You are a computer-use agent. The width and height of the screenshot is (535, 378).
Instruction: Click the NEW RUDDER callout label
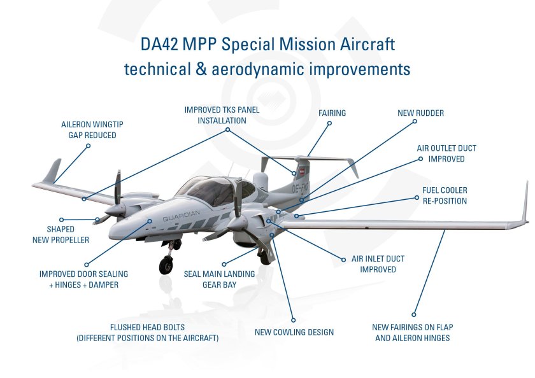pyautogui.click(x=420, y=113)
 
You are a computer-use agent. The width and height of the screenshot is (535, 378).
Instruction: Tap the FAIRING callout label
pyautogui.click(x=332, y=113)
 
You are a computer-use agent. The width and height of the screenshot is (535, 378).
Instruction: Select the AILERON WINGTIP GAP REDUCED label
pyautogui.click(x=89, y=130)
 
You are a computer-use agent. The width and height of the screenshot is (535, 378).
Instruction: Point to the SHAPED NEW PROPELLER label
pyautogui.click(x=61, y=234)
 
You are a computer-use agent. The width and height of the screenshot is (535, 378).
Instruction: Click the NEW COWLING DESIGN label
pyautogui.click(x=294, y=332)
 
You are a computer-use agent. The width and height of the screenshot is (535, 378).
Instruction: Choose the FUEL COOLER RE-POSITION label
pyautogui.click(x=445, y=195)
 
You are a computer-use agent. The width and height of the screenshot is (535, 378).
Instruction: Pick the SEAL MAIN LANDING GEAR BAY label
pyautogui.click(x=219, y=279)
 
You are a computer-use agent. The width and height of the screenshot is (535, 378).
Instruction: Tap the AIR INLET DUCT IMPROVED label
pyautogui.click(x=378, y=264)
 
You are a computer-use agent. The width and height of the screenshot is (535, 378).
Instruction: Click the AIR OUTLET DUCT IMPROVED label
pyautogui.click(x=446, y=153)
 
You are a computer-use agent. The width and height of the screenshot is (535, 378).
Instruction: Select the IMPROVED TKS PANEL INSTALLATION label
pyautogui.click(x=222, y=115)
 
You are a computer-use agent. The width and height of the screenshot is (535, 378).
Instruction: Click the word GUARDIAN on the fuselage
pyautogui.click(x=182, y=217)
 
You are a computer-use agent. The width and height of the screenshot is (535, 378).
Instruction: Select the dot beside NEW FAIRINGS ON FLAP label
pyautogui.click(x=414, y=314)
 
